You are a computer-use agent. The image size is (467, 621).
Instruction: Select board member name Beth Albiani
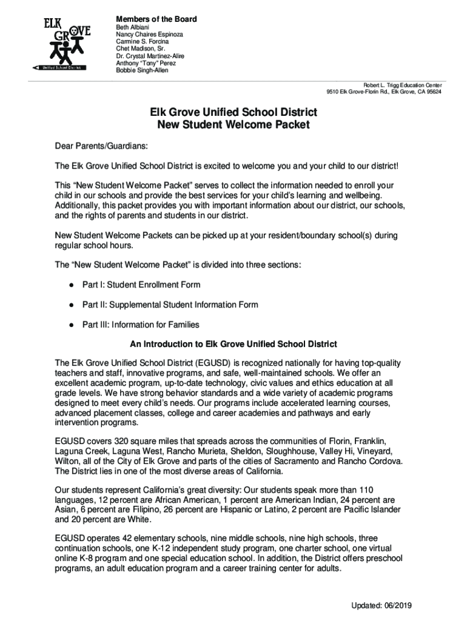tap(132, 28)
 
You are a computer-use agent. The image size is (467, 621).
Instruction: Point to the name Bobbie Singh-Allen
tap(142, 70)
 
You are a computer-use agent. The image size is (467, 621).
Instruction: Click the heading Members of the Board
tap(156, 19)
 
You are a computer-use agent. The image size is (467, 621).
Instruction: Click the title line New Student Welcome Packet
tap(233, 126)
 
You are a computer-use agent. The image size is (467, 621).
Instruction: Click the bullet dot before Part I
tap(72, 285)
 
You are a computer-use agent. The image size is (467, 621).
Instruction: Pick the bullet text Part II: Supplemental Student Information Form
tap(170, 304)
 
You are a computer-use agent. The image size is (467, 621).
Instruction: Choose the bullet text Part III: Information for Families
tap(141, 324)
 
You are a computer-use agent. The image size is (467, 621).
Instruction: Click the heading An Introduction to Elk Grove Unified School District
tap(233, 344)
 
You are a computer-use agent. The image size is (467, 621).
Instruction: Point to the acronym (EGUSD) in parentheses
tap(199, 363)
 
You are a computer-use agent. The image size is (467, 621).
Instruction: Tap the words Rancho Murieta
tap(197, 451)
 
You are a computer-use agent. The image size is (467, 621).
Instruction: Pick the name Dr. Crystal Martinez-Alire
tap(150, 56)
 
